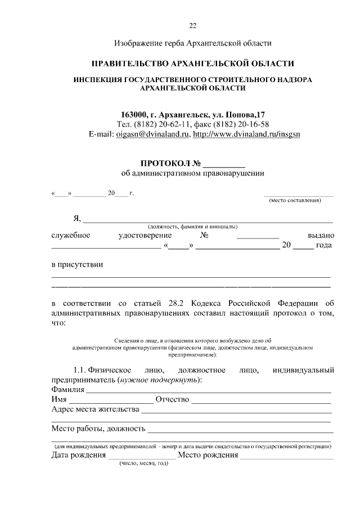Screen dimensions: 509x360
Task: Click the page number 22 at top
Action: click(x=192, y=25)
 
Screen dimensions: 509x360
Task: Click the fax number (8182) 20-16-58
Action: click(x=241, y=124)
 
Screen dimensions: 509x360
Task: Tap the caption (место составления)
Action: click(x=295, y=200)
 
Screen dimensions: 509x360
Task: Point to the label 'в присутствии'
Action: click(x=77, y=264)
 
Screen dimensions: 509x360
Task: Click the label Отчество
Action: click(x=172, y=399)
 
